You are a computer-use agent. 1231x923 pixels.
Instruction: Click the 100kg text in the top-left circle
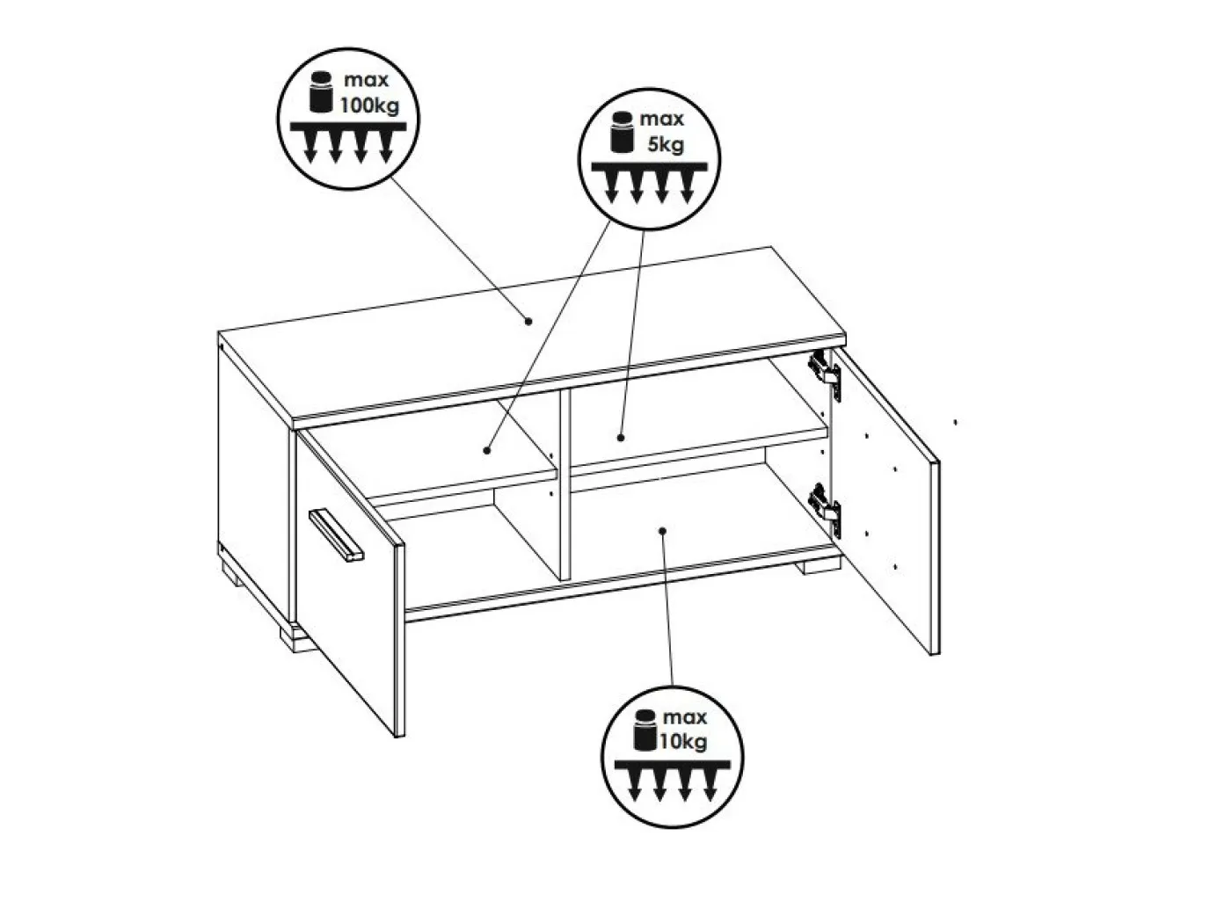pyautogui.click(x=370, y=105)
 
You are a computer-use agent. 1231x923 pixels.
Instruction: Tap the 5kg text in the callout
pyautogui.click(x=666, y=144)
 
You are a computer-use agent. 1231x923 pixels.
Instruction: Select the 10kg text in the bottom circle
pyautogui.click(x=682, y=742)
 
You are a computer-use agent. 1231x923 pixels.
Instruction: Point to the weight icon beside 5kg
pyautogui.click(x=622, y=132)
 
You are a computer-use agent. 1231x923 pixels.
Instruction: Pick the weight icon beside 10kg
pyautogui.click(x=645, y=729)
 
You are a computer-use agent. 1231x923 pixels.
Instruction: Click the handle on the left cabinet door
pyautogui.click(x=336, y=534)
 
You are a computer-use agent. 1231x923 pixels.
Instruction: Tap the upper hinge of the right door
pyautogui.click(x=825, y=375)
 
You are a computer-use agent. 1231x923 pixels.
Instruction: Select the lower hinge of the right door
pyautogui.click(x=825, y=507)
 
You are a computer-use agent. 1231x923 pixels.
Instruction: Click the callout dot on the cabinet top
pyautogui.click(x=528, y=321)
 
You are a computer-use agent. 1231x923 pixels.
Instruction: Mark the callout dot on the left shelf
pyautogui.click(x=487, y=449)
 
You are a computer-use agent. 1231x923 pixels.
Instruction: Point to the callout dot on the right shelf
pyautogui.click(x=621, y=437)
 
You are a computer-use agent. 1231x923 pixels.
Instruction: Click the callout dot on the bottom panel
pyautogui.click(x=662, y=530)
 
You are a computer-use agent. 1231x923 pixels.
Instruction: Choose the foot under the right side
pyautogui.click(x=819, y=566)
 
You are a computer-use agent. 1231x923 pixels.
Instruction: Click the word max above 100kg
pyautogui.click(x=366, y=80)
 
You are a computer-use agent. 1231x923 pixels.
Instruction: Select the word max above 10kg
pyautogui.click(x=685, y=716)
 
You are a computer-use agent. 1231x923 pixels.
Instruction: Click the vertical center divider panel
pyautogui.click(x=565, y=484)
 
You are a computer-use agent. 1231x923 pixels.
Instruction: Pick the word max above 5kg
pyautogui.click(x=662, y=119)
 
